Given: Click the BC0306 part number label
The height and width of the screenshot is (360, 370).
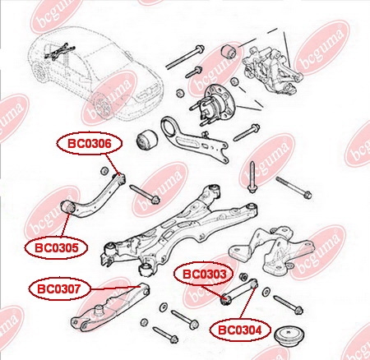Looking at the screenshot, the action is click(90, 144).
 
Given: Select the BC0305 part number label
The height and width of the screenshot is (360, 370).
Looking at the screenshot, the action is click(56, 247).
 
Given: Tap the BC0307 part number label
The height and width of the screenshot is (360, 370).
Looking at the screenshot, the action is click(59, 288).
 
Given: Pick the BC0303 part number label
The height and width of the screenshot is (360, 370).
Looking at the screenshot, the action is click(204, 274).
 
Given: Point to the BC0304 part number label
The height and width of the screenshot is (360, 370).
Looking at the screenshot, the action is click(240, 330).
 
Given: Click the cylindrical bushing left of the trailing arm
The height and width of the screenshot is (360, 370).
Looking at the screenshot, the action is click(146, 140).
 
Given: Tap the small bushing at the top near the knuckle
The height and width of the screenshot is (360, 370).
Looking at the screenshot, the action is click(232, 52).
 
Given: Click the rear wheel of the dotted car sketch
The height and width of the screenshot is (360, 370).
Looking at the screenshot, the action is click(102, 105).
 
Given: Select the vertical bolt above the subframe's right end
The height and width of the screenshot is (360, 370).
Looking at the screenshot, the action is click(252, 178).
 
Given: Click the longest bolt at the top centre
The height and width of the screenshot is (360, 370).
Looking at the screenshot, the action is click(185, 57).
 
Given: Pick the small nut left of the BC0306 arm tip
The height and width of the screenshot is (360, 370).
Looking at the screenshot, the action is click(104, 171).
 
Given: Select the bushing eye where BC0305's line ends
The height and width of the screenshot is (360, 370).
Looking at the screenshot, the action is click(67, 207).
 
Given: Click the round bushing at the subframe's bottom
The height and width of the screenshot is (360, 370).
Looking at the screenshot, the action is click(146, 270).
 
